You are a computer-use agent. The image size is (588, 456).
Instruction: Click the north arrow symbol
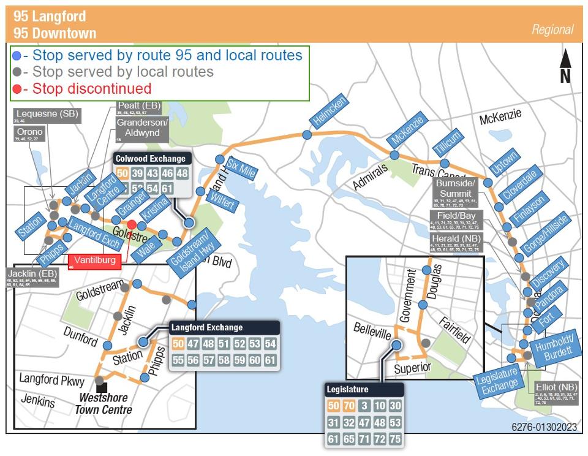tap(565, 66)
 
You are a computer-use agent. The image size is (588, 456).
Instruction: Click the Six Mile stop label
tap(240, 167)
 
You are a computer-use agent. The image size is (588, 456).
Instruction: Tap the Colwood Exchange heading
tap(150, 159)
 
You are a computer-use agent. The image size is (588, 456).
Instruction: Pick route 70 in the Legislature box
tap(349, 406)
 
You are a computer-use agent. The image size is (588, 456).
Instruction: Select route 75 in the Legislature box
tap(395, 439)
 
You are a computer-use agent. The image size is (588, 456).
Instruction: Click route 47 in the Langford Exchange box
tap(194, 344)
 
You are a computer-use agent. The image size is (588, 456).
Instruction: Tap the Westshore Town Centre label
tap(104, 404)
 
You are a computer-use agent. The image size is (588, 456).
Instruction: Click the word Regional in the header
tap(552, 29)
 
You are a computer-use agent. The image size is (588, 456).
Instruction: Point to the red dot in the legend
tap(17, 89)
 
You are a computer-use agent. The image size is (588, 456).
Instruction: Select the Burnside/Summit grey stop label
tap(456, 189)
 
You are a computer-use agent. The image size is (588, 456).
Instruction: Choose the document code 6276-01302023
tap(544, 427)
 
